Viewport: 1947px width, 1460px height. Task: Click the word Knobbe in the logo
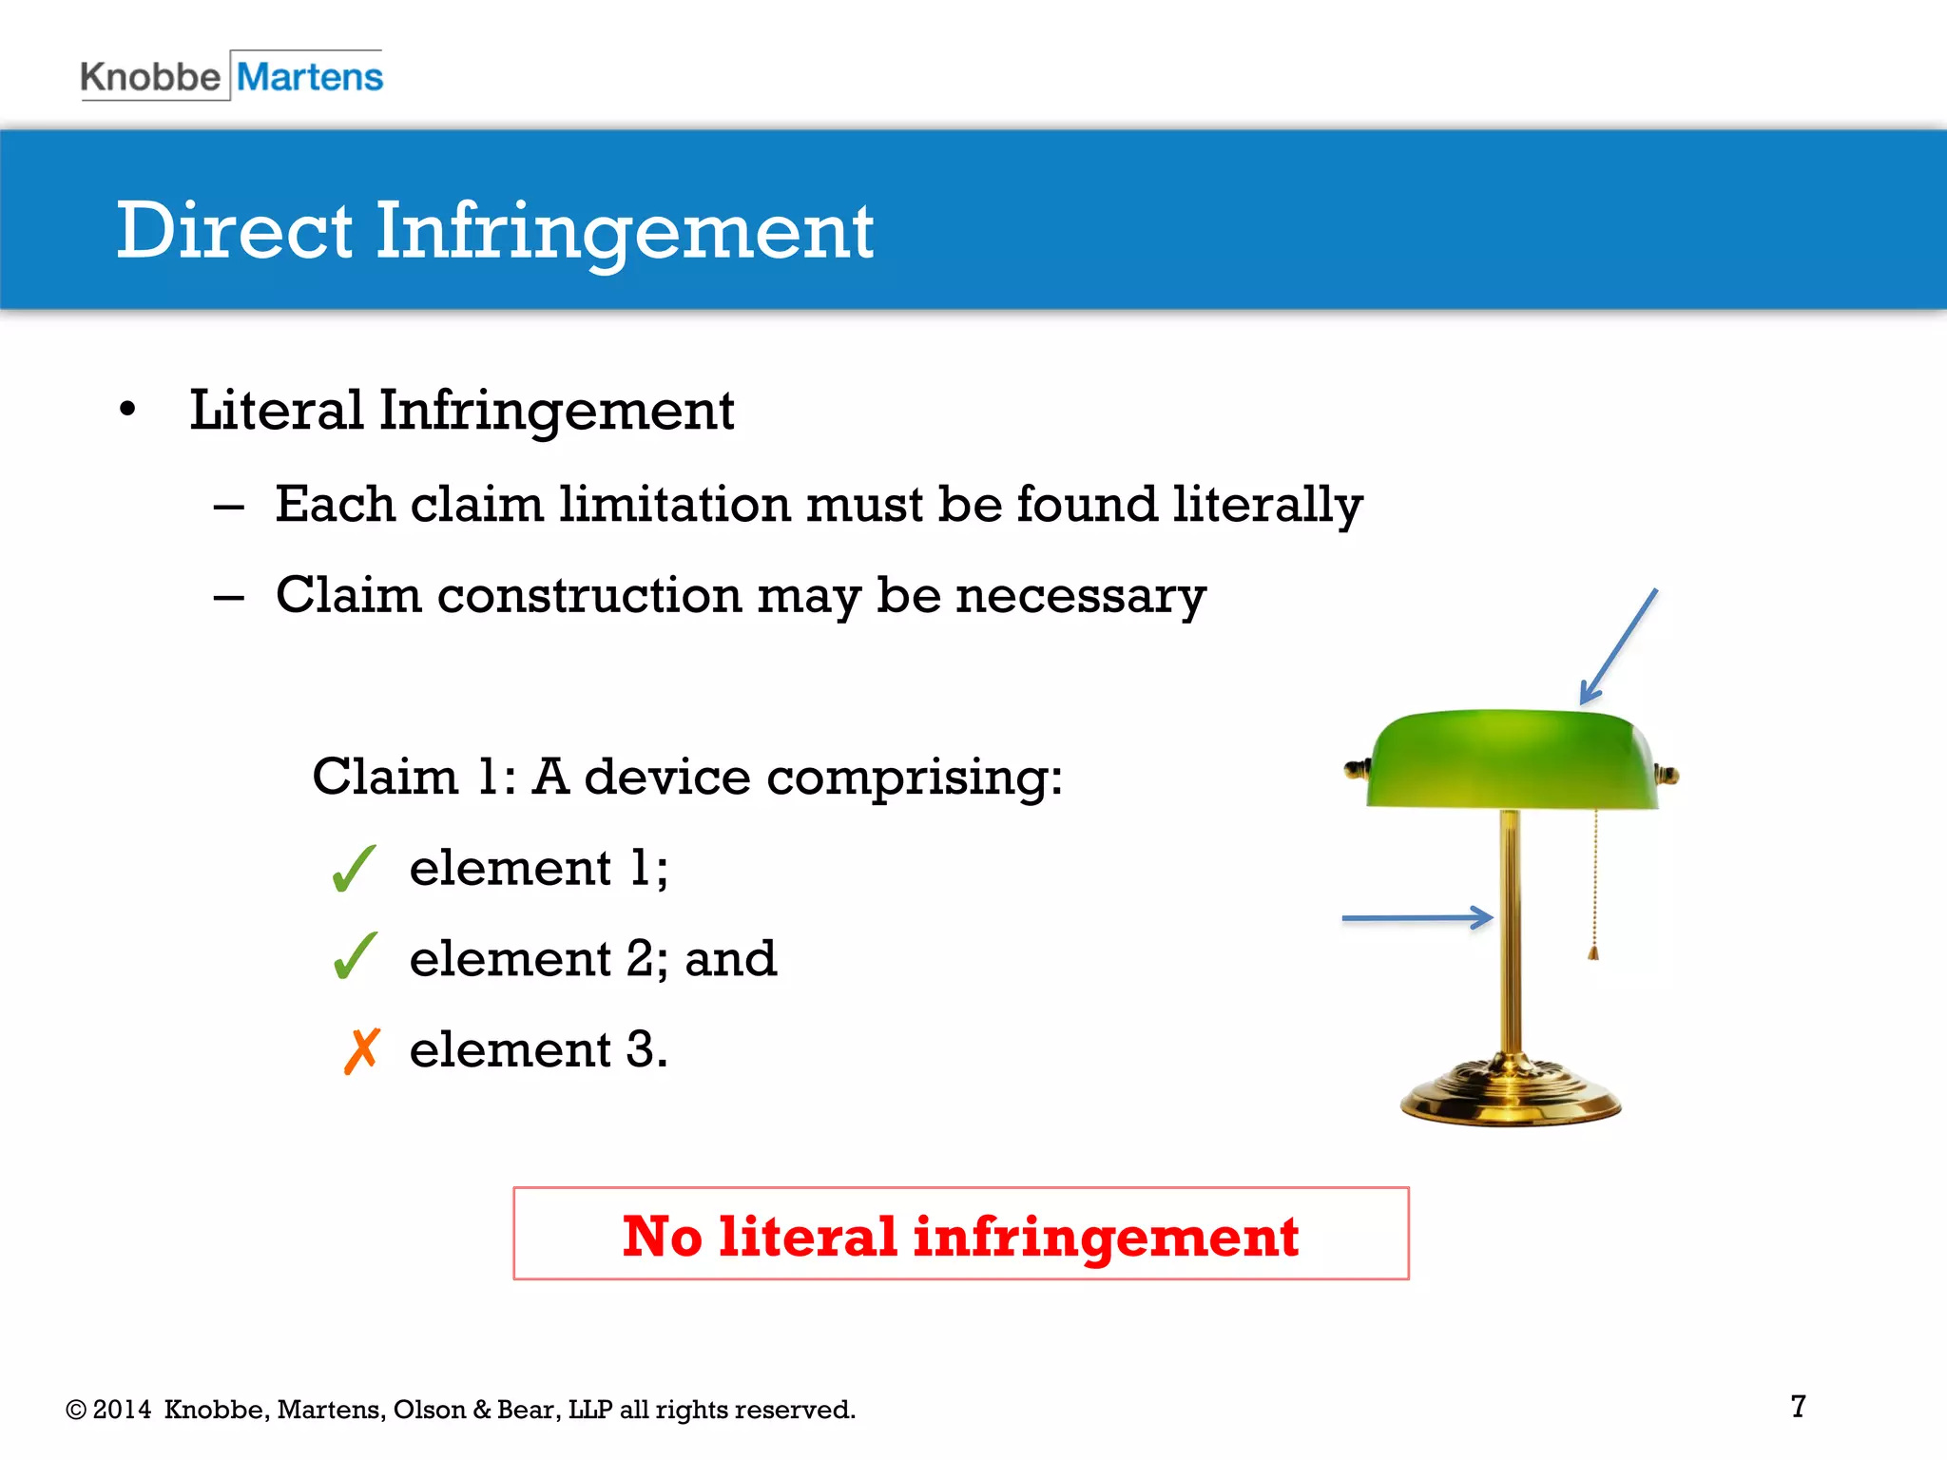point(150,77)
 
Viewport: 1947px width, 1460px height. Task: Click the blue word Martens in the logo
point(310,77)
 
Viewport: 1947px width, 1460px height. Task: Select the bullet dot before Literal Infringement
point(128,411)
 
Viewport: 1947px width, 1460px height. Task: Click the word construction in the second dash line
point(588,596)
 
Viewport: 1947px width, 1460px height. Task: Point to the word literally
point(1267,505)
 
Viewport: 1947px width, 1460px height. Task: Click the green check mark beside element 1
point(355,868)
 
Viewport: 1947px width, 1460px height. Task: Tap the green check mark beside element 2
point(356,956)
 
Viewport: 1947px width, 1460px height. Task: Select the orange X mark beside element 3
point(361,1050)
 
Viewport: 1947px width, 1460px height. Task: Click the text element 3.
point(538,1050)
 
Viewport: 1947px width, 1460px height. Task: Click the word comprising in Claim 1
point(913,778)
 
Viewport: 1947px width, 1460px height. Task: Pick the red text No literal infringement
point(960,1236)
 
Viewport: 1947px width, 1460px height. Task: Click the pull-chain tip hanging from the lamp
point(1593,951)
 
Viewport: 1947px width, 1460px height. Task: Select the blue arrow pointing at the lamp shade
point(1618,647)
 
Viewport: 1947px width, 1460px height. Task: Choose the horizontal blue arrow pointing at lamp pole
point(1417,918)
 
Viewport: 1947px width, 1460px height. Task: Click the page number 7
point(1798,1406)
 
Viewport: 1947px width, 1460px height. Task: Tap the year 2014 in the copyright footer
point(122,1410)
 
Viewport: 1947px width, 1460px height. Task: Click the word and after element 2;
point(730,959)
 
